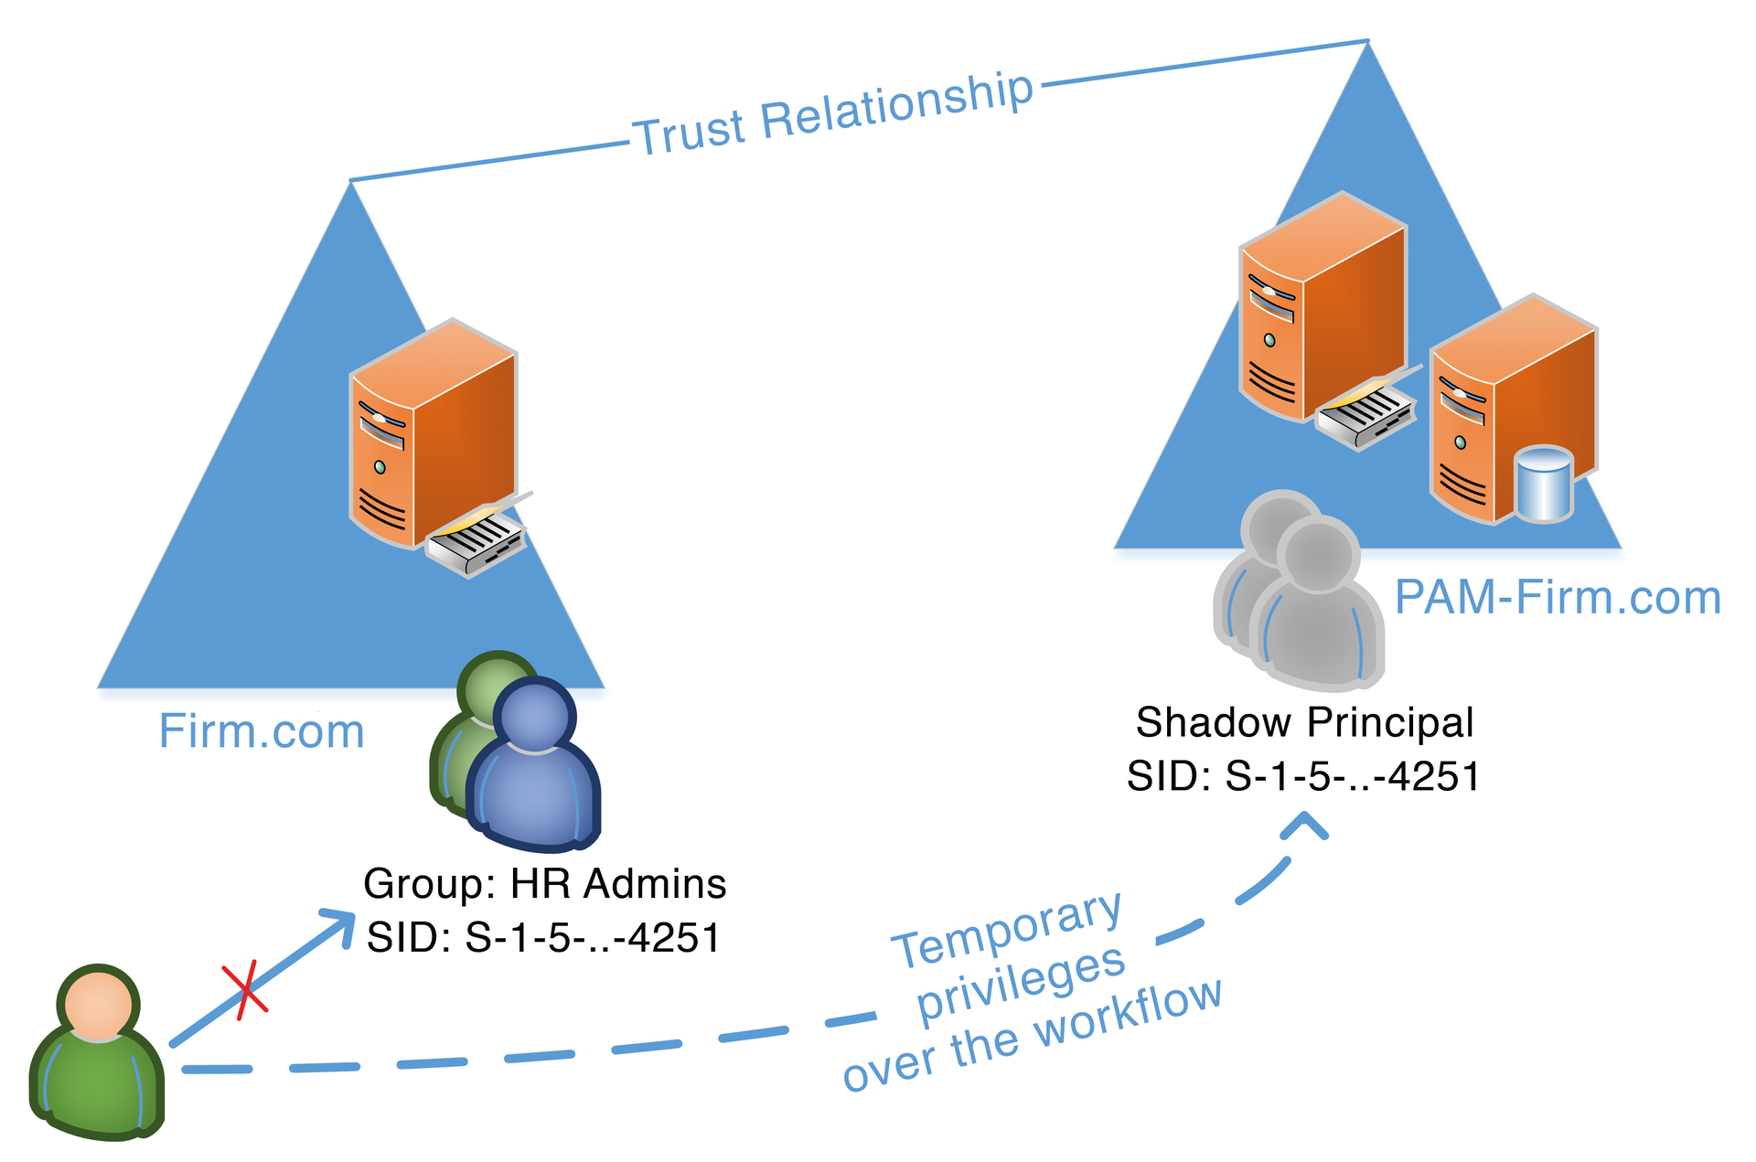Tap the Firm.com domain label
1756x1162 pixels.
click(262, 731)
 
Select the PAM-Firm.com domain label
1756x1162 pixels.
click(1557, 598)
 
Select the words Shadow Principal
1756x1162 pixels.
click(1304, 722)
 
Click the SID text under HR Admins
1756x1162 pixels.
click(543, 937)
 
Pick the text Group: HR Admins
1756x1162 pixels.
click(544, 883)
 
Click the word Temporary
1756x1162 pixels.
click(1006, 930)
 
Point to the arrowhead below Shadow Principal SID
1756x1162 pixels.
click(1304, 826)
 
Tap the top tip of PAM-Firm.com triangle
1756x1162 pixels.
click(1366, 46)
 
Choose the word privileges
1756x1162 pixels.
click(1021, 986)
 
